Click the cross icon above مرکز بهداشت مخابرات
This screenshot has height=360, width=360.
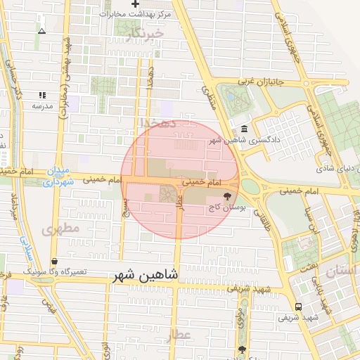click(136, 4)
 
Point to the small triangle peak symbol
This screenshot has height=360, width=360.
click(41, 31)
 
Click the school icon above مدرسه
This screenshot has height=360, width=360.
click(42, 95)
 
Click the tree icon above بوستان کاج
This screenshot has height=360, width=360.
click(226, 198)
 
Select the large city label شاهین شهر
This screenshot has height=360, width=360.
click(146, 276)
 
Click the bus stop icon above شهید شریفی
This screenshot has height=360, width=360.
click(299, 307)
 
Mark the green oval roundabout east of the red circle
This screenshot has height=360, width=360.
click(250, 186)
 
